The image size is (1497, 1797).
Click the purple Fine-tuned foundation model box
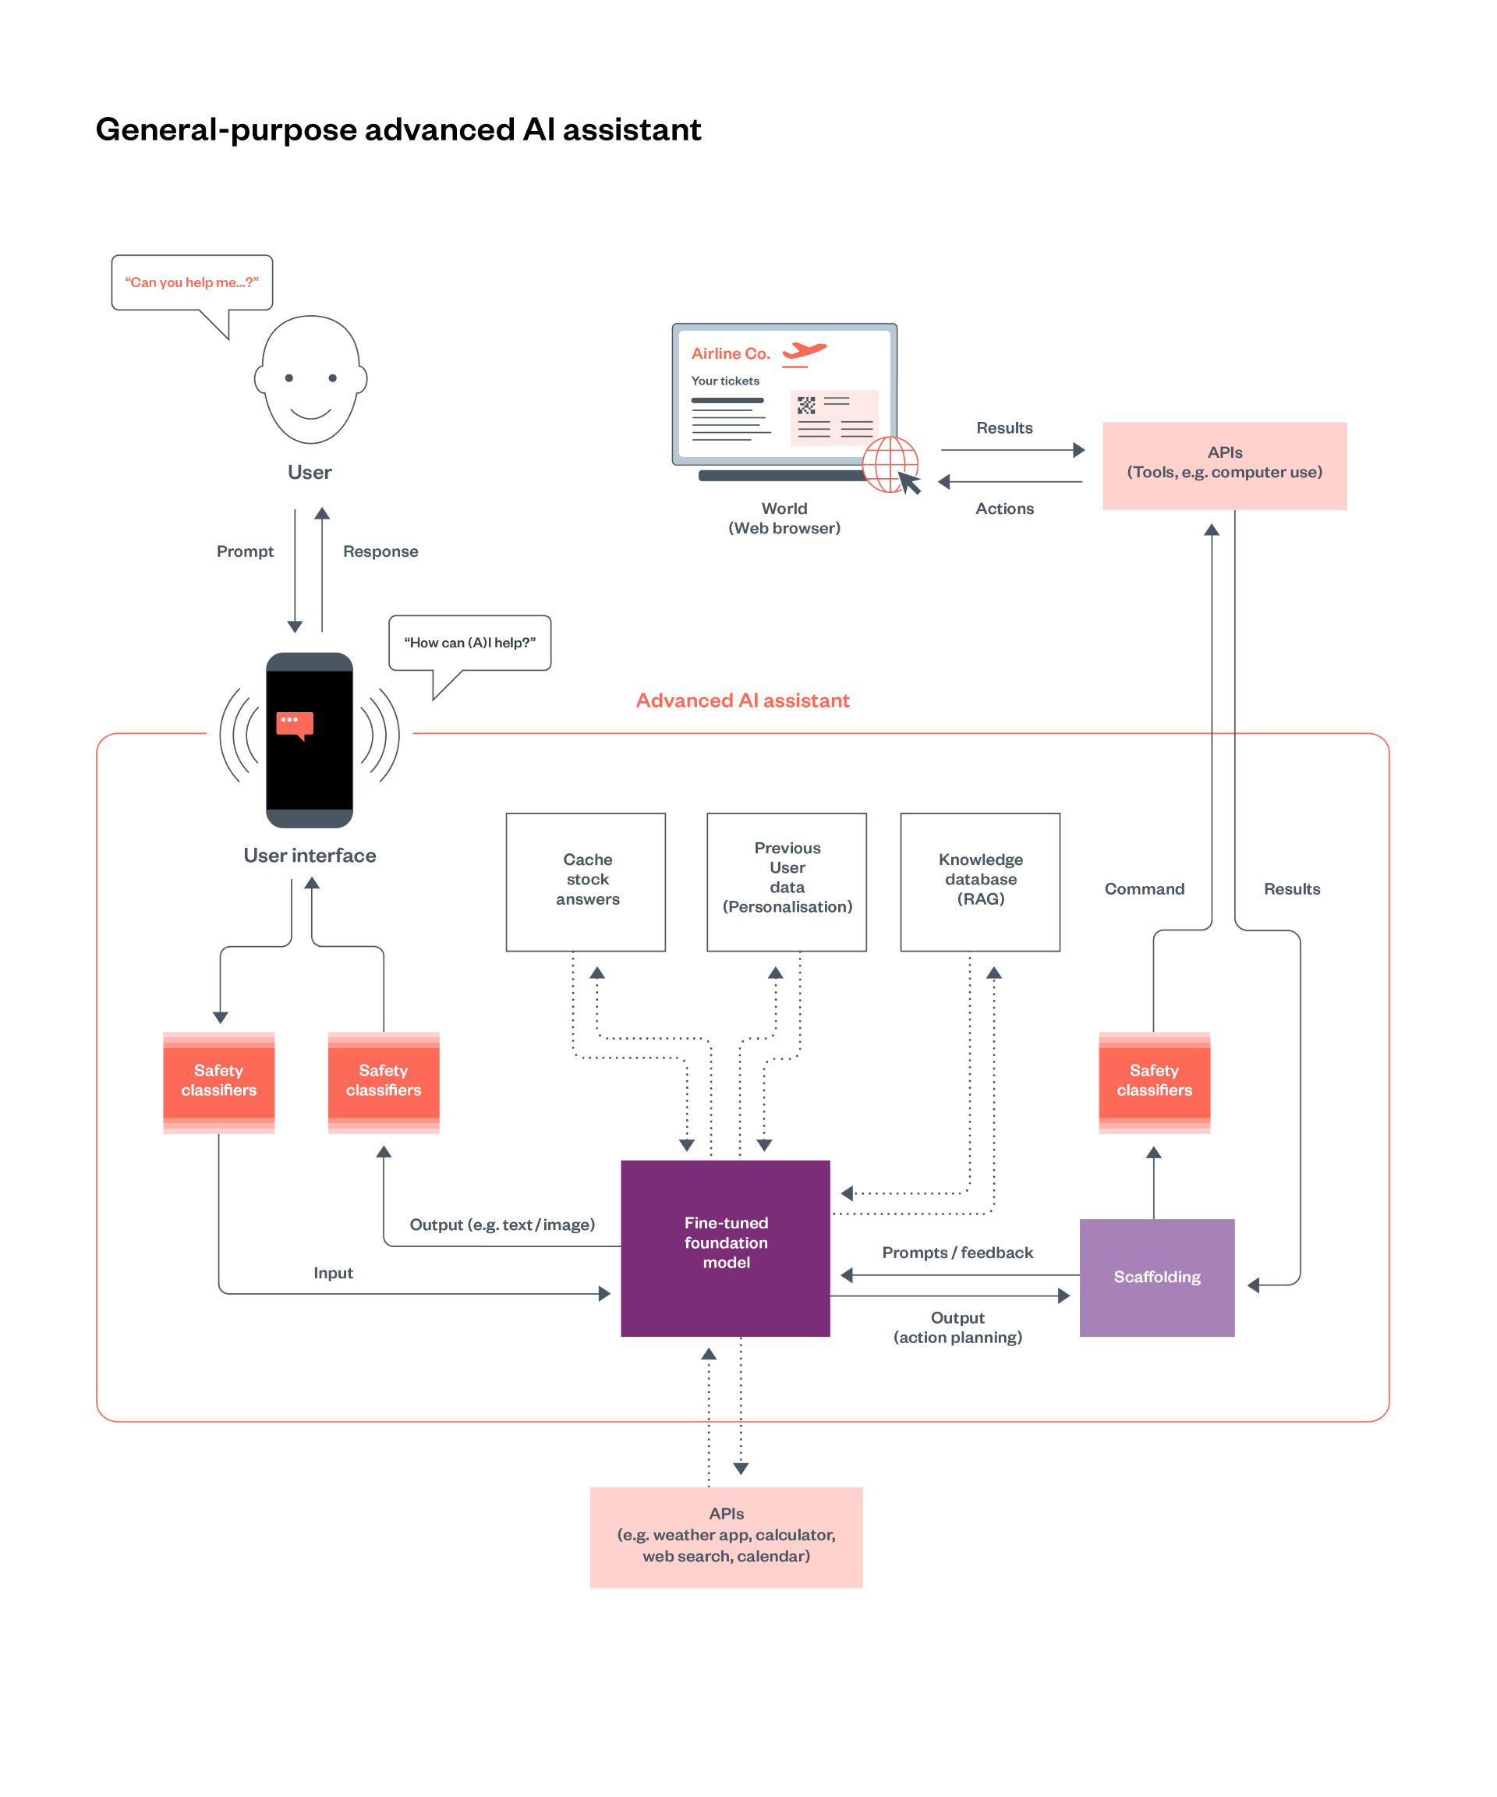click(x=725, y=1248)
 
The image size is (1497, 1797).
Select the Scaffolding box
click(x=1156, y=1277)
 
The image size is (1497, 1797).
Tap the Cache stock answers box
click(x=586, y=881)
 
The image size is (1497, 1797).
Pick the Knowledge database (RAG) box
click(x=980, y=881)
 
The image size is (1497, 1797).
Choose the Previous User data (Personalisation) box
click(x=787, y=881)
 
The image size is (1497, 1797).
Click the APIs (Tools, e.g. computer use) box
click(x=1224, y=466)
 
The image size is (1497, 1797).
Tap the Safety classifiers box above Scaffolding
click(x=1154, y=1083)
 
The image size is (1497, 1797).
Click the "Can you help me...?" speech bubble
click(x=193, y=282)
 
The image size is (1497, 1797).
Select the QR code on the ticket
click(x=807, y=405)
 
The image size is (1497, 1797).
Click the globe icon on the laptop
click(x=890, y=464)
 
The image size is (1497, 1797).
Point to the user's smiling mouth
click(x=310, y=414)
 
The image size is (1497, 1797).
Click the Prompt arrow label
click(x=245, y=551)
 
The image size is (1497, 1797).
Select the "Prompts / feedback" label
click(x=957, y=1253)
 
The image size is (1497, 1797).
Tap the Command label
click(x=1145, y=889)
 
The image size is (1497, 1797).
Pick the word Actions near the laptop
click(x=1004, y=509)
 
